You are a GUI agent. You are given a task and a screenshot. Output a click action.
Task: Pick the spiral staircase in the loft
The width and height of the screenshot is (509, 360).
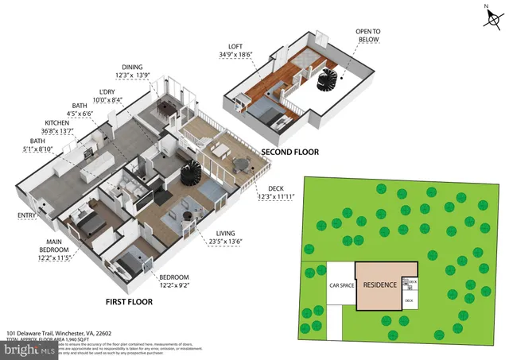327,79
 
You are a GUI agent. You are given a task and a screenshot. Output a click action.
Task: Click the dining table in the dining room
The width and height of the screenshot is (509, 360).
167,109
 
